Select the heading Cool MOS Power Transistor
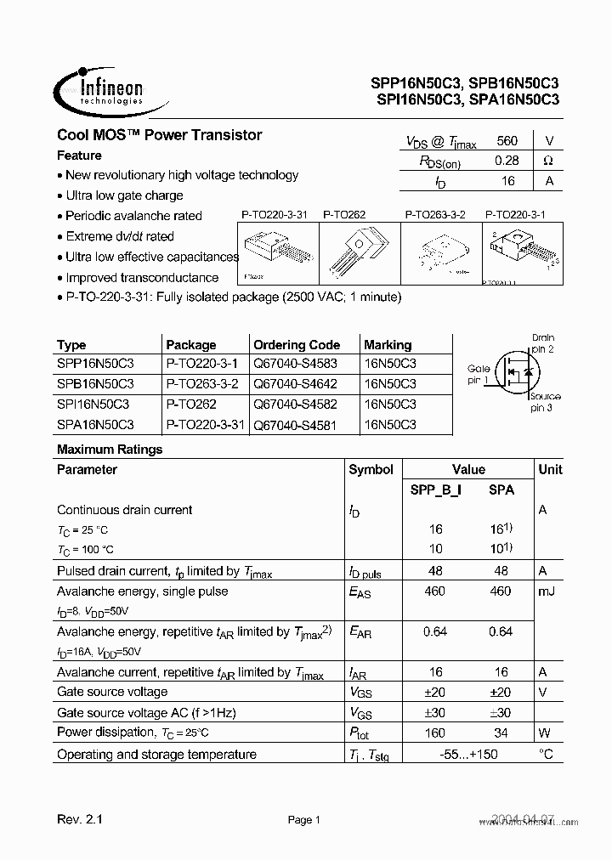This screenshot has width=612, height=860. (159, 135)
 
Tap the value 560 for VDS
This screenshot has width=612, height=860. (507, 141)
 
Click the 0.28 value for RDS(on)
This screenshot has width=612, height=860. (507, 160)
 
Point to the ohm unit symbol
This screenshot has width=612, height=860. (548, 160)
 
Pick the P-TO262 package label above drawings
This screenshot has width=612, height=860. (343, 215)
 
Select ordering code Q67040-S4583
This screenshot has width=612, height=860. (296, 364)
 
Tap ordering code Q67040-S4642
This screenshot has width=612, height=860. (296, 383)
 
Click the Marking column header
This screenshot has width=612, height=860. (388, 345)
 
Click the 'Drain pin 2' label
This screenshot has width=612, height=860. (542, 343)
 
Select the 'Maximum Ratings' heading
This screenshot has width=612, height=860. (110, 450)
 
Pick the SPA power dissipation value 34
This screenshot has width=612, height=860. (501, 733)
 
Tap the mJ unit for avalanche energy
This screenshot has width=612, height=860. (547, 591)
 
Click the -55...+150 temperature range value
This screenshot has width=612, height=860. (468, 755)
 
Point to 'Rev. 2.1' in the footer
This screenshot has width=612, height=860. (79, 820)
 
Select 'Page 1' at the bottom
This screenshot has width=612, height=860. (303, 820)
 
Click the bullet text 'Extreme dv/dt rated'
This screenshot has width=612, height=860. (119, 236)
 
